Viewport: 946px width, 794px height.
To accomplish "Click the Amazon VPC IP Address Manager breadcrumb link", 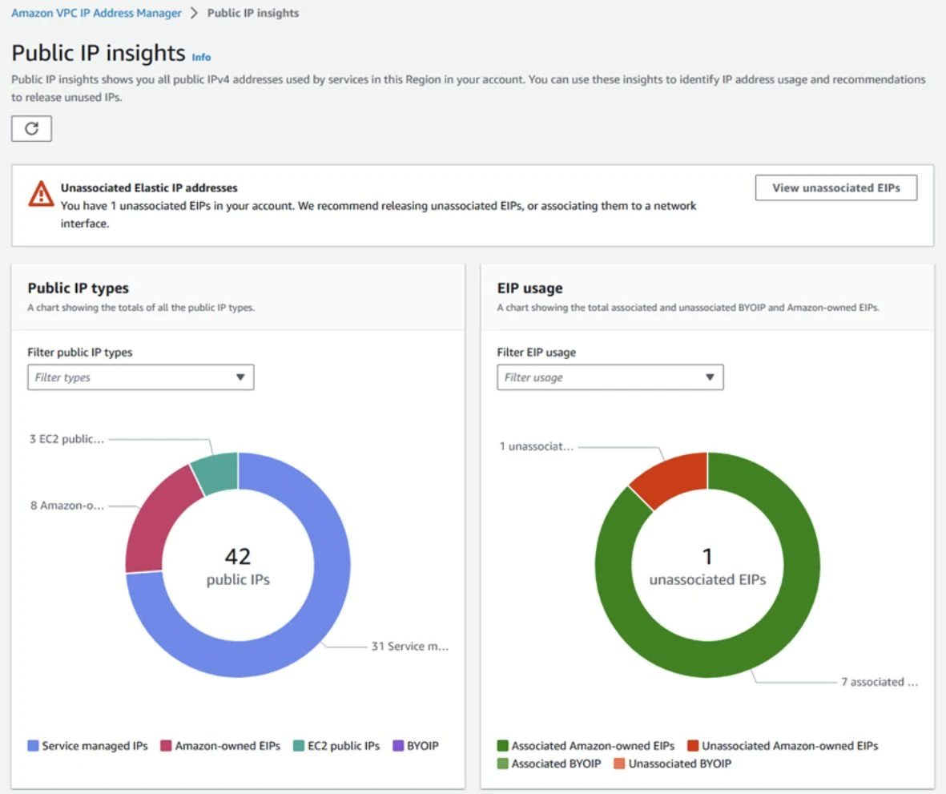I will pos(96,14).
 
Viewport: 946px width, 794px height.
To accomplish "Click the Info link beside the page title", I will pos(201,57).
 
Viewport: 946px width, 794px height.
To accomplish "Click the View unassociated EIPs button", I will pos(835,188).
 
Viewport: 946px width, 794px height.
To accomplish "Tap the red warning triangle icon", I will pos(41,194).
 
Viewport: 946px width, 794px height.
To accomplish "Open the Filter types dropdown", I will pos(140,377).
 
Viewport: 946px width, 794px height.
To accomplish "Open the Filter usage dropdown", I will pos(610,377).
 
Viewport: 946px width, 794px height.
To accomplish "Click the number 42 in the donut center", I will pos(238,556).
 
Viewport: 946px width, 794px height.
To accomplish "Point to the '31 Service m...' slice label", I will pos(409,647).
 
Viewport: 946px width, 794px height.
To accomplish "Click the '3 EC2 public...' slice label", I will pos(66,439).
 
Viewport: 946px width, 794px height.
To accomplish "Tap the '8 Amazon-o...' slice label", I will pos(66,506).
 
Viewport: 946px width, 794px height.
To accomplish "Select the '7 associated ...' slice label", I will pos(879,682).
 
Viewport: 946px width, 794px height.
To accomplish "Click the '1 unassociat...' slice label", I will pos(536,446).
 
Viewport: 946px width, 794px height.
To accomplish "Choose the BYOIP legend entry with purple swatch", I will pos(416,746).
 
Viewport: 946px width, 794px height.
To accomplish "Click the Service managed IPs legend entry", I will pos(88,746).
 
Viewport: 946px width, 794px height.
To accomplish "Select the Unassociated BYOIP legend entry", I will pos(672,764).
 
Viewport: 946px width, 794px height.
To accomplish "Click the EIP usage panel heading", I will pos(529,288).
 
